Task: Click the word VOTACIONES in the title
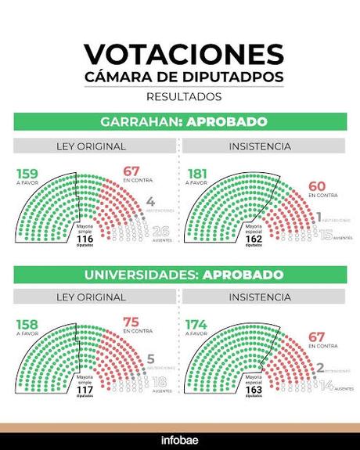click(x=183, y=54)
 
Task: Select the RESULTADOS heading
click(x=183, y=97)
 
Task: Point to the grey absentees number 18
click(x=160, y=382)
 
